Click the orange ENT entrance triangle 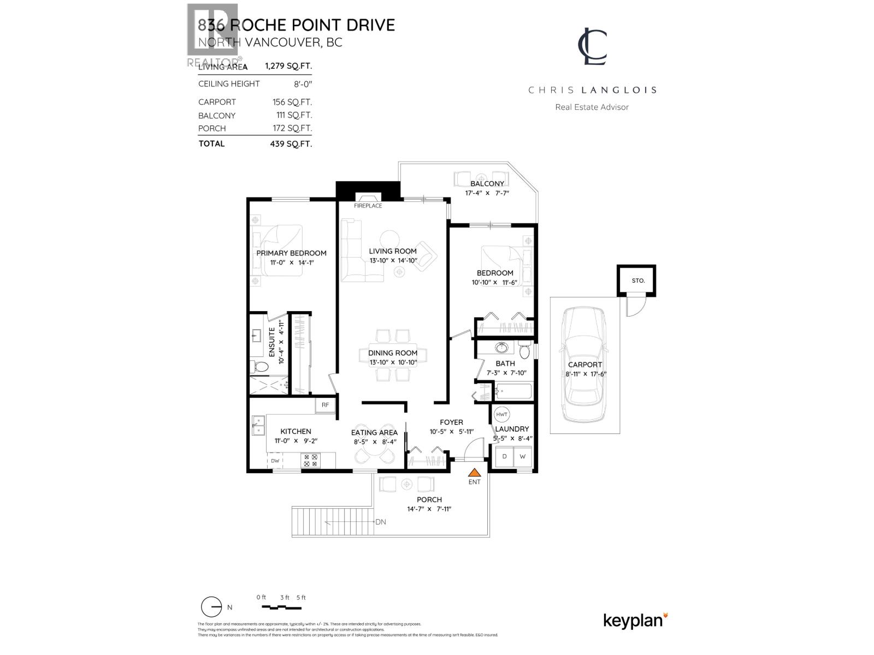click(x=475, y=473)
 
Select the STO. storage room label click(x=638, y=281)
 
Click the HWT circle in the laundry click(x=502, y=414)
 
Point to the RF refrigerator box click(x=325, y=404)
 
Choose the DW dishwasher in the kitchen click(x=275, y=461)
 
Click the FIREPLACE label click(x=368, y=206)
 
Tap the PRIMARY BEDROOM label click(x=291, y=253)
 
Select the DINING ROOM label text click(x=392, y=353)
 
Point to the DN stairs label click(x=381, y=522)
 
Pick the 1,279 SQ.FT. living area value click(x=288, y=67)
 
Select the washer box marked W click(x=522, y=456)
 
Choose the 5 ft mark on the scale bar click(x=301, y=598)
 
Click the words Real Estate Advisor click(x=592, y=107)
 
